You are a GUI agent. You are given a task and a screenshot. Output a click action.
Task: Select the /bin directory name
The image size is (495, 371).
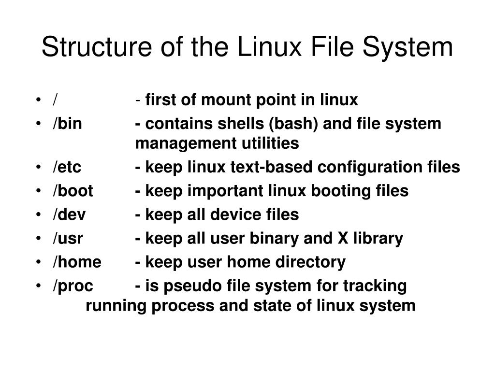pyautogui.click(x=68, y=124)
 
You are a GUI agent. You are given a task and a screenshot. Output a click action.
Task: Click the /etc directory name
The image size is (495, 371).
pyautogui.click(x=67, y=167)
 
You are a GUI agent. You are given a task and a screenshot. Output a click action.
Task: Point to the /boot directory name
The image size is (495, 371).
pyautogui.click(x=73, y=191)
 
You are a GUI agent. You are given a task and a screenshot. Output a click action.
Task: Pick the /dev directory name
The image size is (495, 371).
pyautogui.click(x=69, y=214)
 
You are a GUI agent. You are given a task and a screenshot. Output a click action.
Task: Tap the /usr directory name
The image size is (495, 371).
pyautogui.click(x=68, y=238)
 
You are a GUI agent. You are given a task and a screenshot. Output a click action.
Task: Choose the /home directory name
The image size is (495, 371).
pyautogui.click(x=77, y=262)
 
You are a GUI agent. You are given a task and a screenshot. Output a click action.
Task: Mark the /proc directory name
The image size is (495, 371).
pyautogui.click(x=73, y=286)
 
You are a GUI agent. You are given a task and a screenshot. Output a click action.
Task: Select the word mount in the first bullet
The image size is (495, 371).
pyautogui.click(x=224, y=100)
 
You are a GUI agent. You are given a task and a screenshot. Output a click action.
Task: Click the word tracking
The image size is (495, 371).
pyautogui.click(x=375, y=286)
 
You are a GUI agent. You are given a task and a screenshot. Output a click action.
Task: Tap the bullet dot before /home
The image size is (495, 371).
pyautogui.click(x=38, y=262)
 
